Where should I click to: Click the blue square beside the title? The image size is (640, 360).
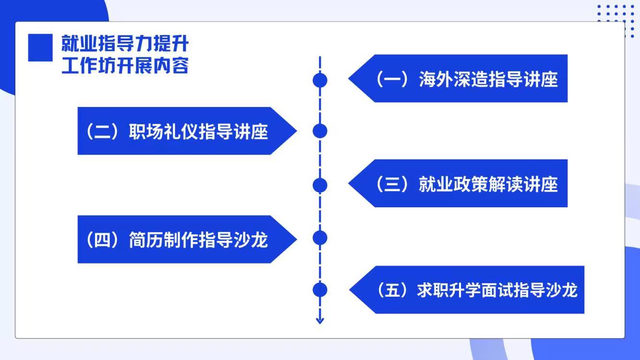pos(40,48)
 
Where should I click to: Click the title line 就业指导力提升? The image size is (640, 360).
pos(125,43)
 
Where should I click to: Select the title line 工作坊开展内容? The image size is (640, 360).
pos(125,65)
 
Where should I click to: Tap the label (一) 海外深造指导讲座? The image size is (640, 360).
pos(466,79)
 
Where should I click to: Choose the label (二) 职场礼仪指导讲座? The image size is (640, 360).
pos(176,132)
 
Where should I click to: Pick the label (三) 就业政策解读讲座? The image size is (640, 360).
pos(466,184)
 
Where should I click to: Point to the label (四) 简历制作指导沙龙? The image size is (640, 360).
pos(176,240)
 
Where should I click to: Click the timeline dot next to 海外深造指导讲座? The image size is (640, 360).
pos(320,80)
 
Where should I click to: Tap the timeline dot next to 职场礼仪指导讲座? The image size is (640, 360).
pos(320,131)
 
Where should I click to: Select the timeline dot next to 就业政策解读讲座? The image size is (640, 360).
pos(320,185)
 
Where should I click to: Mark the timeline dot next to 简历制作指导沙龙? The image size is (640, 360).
pos(320,238)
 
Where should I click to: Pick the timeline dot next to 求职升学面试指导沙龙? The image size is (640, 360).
pos(320,290)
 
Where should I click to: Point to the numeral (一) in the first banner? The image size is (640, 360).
pos(392,79)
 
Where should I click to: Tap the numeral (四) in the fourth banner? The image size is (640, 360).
pos(103,240)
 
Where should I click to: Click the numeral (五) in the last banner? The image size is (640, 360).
pos(393,290)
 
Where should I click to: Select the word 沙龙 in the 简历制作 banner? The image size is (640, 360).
pos(251,240)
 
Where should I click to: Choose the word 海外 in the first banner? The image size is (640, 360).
pos(436,79)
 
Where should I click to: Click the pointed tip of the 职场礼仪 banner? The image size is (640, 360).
pos(297,131)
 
